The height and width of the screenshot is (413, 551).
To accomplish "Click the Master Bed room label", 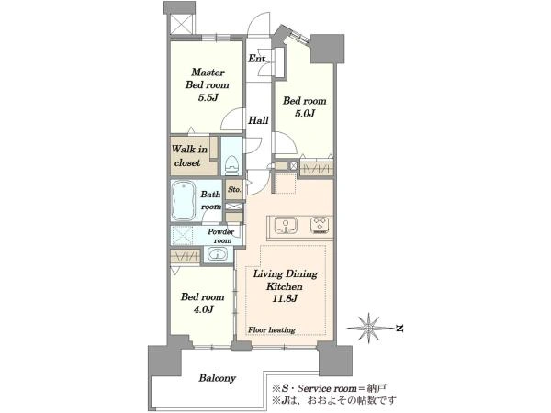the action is [208, 78].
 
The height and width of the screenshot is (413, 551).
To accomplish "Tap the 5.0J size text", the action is [305, 114].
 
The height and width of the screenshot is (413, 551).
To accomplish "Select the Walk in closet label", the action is [190, 156].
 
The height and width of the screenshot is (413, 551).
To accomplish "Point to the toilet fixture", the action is [231, 165].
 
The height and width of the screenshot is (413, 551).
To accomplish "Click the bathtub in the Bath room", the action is [183, 200].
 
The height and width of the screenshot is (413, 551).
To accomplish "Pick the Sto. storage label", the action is [234, 189].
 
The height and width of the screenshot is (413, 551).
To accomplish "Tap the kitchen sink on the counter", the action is [286, 226].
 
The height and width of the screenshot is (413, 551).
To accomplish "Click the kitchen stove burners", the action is [320, 225].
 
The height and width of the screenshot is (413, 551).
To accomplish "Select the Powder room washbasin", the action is [218, 254].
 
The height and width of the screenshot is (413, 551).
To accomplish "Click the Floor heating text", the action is [272, 330].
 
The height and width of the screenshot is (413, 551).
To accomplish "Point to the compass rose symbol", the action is [369, 328].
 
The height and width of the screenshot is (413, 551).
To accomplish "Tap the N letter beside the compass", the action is [399, 329].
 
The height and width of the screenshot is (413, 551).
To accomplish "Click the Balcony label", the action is [217, 378].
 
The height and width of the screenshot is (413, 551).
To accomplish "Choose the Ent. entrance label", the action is [257, 59].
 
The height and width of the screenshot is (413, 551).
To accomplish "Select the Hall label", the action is [258, 120].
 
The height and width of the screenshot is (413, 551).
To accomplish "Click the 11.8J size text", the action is [285, 299].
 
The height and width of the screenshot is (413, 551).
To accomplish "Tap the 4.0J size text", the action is [203, 309].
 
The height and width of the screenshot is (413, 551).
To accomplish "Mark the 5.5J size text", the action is [208, 97].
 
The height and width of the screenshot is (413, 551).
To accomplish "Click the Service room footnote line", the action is [329, 388].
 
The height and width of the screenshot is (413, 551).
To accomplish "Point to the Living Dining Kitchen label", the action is [286, 280].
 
